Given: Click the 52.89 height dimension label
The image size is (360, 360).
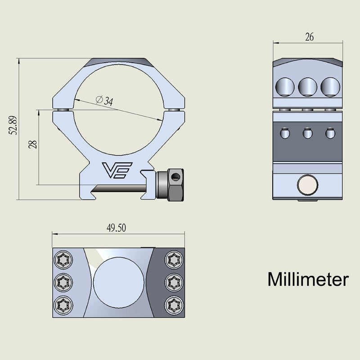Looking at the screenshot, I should [x=13, y=126].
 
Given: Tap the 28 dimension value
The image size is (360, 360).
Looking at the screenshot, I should [x=32, y=144].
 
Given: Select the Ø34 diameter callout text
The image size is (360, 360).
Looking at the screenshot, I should [x=104, y=101].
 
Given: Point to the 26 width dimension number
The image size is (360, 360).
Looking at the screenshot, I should [x=309, y=37].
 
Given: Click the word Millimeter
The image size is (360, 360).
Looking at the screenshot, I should [x=308, y=279].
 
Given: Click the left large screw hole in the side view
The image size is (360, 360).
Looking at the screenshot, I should [x=285, y=86].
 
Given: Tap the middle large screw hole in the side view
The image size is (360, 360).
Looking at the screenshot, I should [x=308, y=86].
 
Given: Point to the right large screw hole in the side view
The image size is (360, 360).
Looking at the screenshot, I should [x=330, y=86].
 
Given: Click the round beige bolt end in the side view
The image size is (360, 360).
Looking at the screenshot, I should [x=308, y=185].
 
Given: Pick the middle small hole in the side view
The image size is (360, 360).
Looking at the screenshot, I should [x=308, y=134].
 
